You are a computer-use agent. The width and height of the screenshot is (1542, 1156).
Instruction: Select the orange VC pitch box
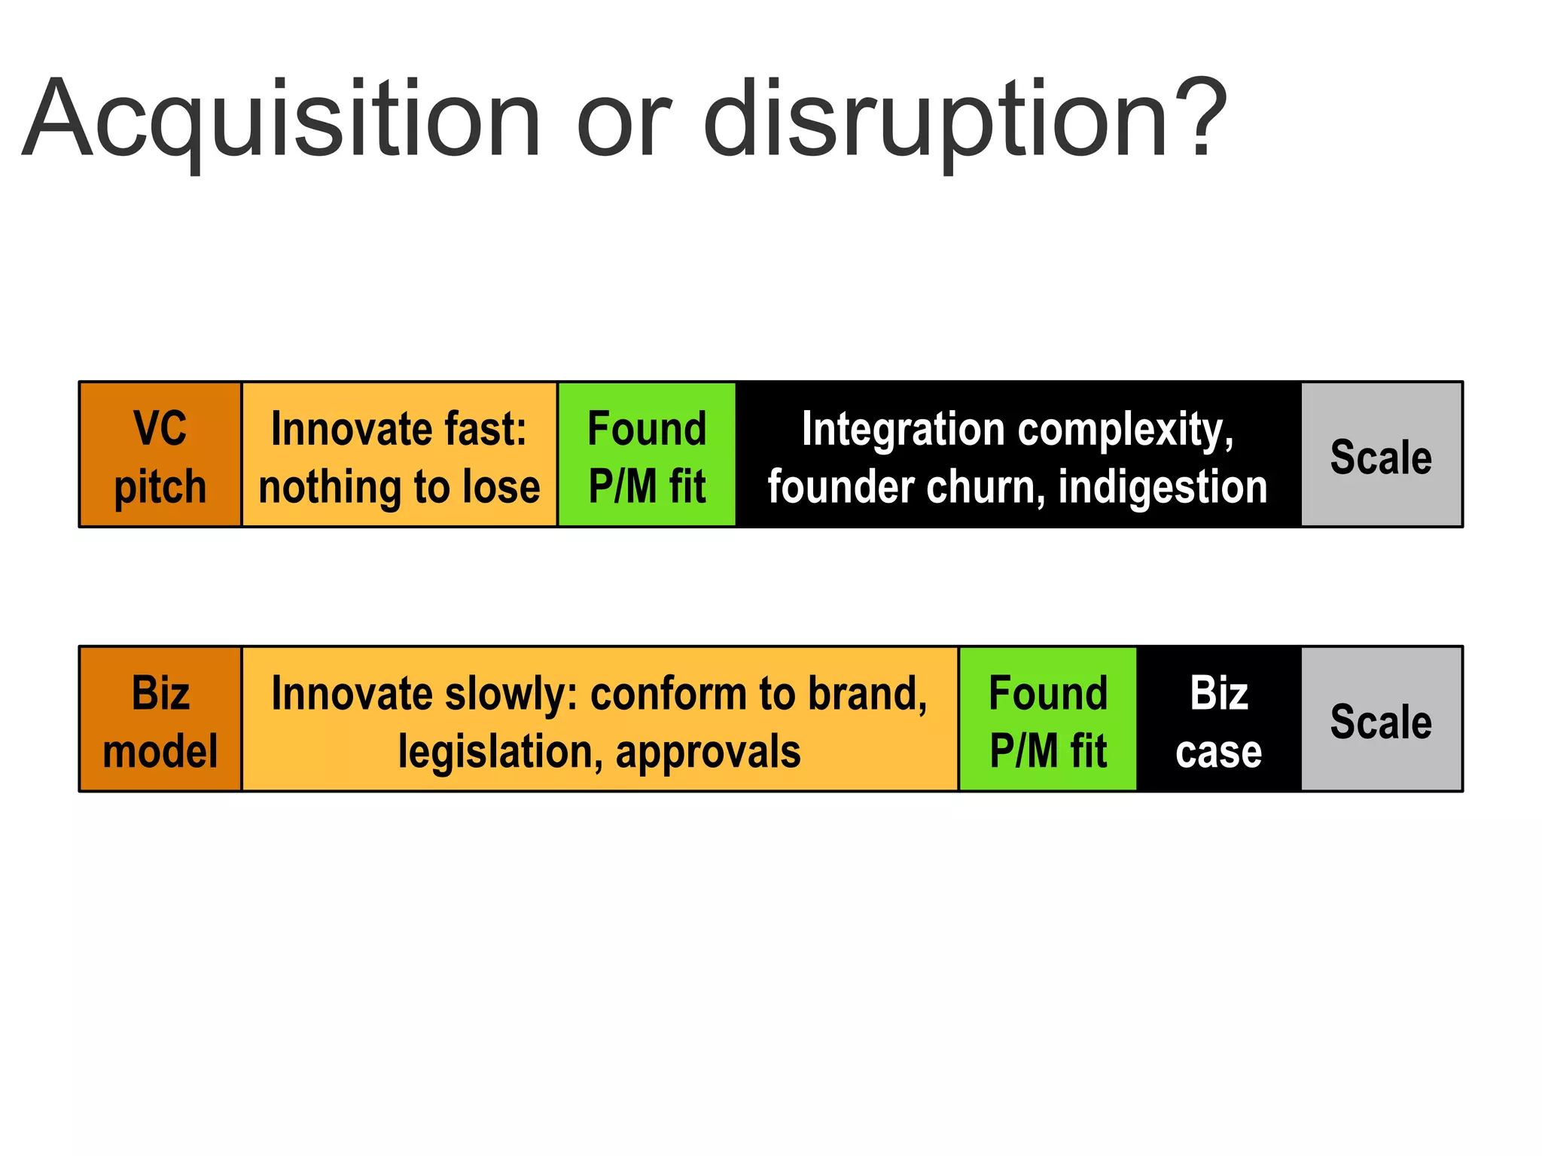click(x=160, y=455)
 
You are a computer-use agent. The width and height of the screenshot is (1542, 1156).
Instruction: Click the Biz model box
click(x=160, y=719)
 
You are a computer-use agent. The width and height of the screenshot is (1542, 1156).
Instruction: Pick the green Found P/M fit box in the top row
click(x=647, y=455)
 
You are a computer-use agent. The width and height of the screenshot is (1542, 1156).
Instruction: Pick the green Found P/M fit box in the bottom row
click(x=1047, y=719)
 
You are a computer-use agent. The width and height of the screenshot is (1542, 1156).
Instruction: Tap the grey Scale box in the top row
click(x=1381, y=455)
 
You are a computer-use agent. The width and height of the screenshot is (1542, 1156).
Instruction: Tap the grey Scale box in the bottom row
click(x=1381, y=719)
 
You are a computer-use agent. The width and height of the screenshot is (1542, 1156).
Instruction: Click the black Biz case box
click(x=1218, y=719)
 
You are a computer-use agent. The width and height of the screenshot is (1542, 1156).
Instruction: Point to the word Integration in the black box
click(x=904, y=429)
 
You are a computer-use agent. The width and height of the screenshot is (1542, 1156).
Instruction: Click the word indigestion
click(x=1163, y=487)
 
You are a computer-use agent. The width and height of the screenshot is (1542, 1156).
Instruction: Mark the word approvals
click(x=708, y=752)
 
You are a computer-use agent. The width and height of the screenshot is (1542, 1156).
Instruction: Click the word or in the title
click(x=623, y=120)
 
